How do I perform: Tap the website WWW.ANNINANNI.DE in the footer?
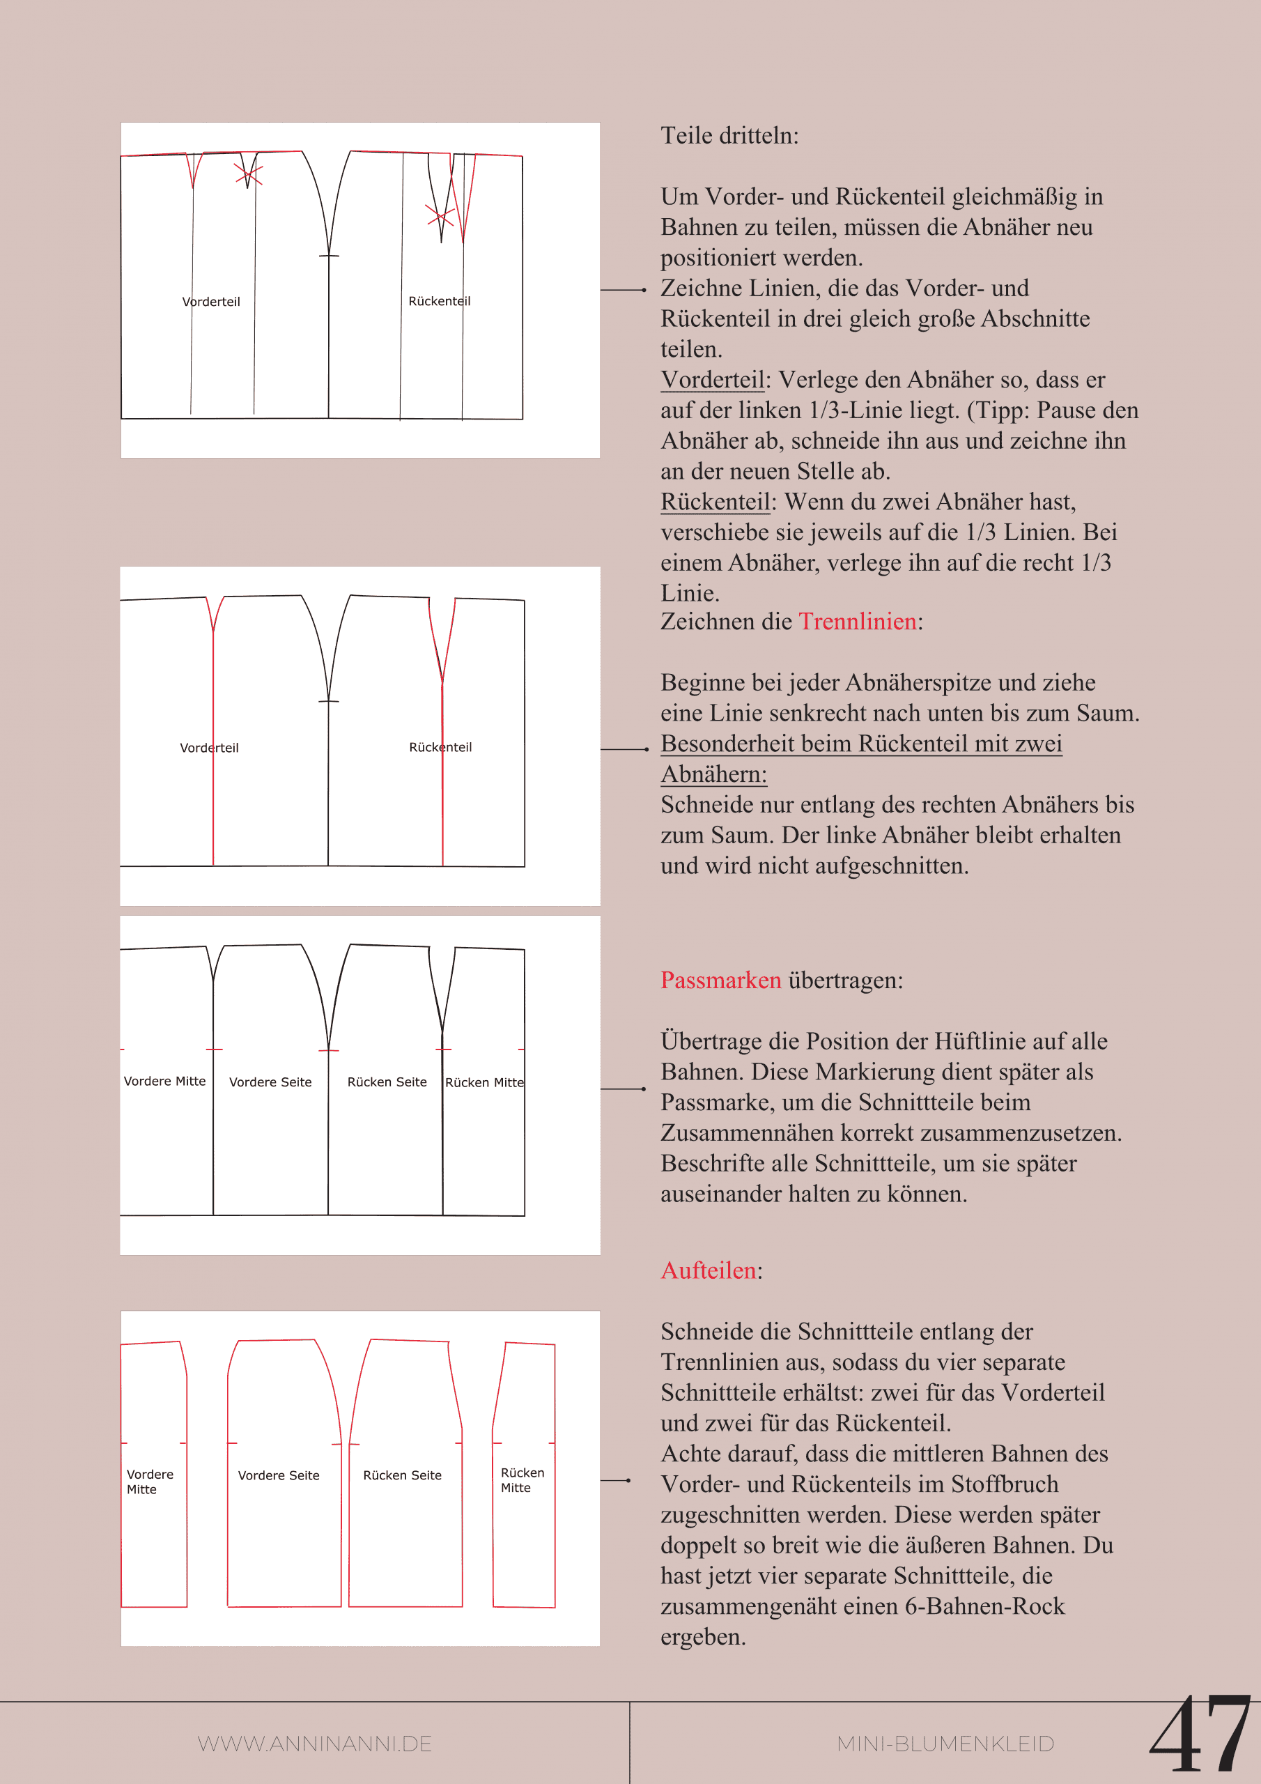(315, 1744)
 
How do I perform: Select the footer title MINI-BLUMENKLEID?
(945, 1744)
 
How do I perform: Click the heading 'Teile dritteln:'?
(729, 136)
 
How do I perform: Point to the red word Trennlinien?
(857, 622)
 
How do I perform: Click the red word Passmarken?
(720, 981)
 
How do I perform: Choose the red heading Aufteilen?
(708, 1270)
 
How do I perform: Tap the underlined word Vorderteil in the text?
(712, 380)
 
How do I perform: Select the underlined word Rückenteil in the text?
(714, 502)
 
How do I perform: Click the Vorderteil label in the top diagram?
(211, 302)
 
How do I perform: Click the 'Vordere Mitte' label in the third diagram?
(164, 1081)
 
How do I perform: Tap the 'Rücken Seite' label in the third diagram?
(387, 1082)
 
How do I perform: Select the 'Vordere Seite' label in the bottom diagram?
(278, 1475)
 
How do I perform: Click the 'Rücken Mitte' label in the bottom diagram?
(522, 1479)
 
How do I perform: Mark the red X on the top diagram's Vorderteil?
(249, 175)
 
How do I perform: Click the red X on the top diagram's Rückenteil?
(440, 215)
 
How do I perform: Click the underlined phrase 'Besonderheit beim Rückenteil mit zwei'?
(861, 744)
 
